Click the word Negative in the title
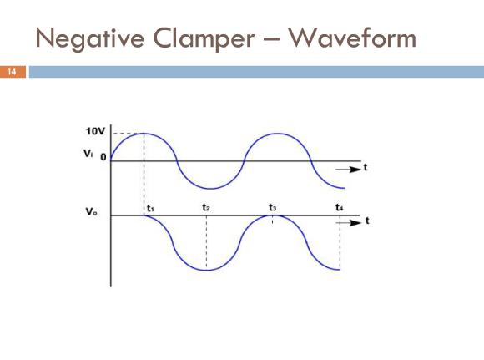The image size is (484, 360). point(90,38)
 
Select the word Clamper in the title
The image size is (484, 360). point(204,38)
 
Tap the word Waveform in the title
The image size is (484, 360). point(352,38)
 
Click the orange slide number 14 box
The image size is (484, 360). point(13,72)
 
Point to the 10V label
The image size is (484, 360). point(95,131)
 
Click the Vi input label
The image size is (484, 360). point(88,153)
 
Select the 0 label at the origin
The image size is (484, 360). point(103,157)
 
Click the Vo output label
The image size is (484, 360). point(91,211)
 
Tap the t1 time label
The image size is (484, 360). point(150,208)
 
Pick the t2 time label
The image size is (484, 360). point(206,207)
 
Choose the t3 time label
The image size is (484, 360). point(272,207)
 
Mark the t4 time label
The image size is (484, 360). point(340,207)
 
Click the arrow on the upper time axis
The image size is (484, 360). point(348,169)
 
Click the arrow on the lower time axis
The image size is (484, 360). point(348,222)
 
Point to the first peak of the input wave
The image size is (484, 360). point(144,133)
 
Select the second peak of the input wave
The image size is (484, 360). point(278,133)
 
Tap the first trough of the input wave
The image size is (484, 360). point(210,189)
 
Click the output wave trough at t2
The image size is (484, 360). point(207,271)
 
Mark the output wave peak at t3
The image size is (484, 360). point(273,215)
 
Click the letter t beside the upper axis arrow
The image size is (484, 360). point(366,168)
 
